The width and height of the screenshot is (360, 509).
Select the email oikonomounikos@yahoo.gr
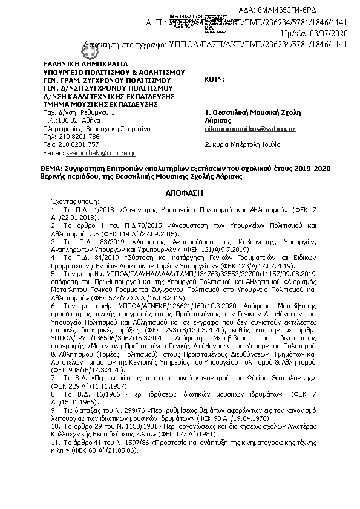tap(250, 129)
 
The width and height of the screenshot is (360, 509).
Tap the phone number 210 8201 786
tap(79, 137)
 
